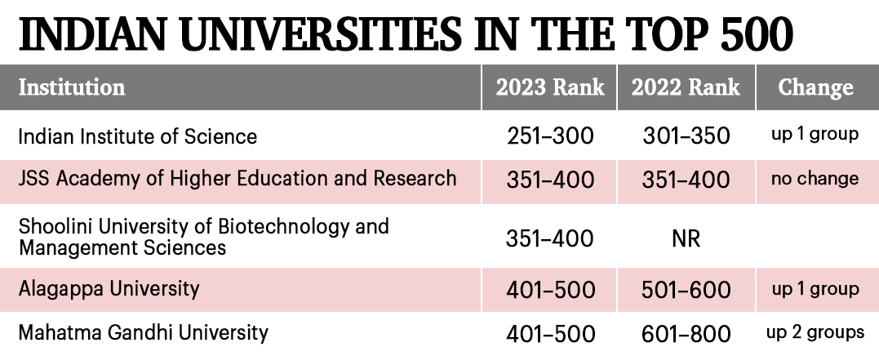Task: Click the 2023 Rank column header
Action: coord(548,87)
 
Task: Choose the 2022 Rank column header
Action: coord(686,87)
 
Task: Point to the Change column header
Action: coord(815,87)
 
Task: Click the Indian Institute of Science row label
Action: coord(138,136)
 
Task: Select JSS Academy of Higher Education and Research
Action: coord(238,179)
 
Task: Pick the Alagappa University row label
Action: coord(109,288)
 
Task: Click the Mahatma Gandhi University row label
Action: coord(144,332)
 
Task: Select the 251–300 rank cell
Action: coord(548,136)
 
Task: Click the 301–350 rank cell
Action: coord(686,136)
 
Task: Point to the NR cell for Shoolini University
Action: coord(686,239)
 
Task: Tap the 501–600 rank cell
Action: coord(686,290)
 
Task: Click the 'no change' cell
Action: coord(815,179)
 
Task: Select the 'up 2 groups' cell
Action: coord(815,333)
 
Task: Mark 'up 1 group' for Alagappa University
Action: coord(815,289)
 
